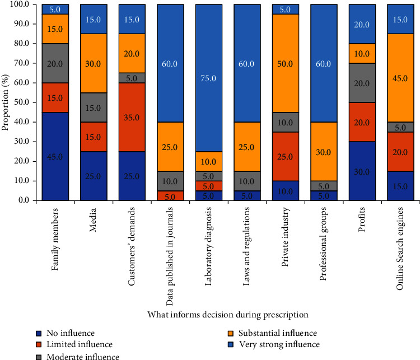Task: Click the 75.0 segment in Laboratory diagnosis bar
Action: [x=209, y=78]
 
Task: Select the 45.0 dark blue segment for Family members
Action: [x=55, y=156]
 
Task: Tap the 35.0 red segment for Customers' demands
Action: [x=132, y=117]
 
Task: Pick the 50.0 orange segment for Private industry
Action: [x=286, y=63]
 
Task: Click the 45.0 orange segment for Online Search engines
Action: [x=400, y=78]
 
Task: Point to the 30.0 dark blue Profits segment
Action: [x=362, y=171]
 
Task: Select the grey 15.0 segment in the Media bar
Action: [x=94, y=107]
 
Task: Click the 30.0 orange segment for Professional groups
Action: [x=324, y=151]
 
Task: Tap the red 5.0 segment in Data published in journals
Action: [x=170, y=196]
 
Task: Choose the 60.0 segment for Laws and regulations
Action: [x=247, y=63]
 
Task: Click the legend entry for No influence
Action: [x=66, y=333]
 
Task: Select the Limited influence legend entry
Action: [x=74, y=344]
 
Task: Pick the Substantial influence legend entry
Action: [x=272, y=333]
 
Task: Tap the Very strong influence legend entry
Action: [x=273, y=344]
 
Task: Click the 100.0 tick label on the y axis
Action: [x=20, y=4]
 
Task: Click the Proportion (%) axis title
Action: [x=5, y=102]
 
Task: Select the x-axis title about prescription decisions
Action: [x=228, y=315]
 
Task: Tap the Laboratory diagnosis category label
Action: [x=208, y=246]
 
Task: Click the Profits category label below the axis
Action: [x=362, y=219]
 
